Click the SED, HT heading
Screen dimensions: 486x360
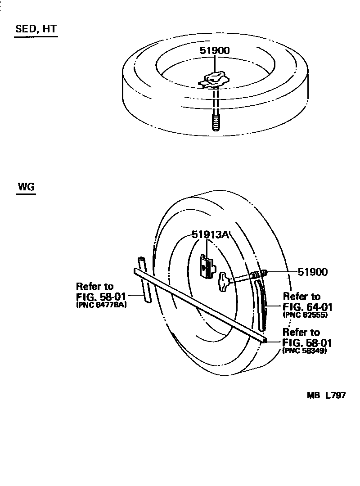point(36,29)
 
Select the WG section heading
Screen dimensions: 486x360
point(26,187)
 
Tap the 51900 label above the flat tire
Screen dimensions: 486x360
point(215,50)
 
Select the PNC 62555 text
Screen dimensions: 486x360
point(305,315)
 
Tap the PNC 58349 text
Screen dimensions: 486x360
point(304,351)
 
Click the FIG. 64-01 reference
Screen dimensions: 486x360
point(307,307)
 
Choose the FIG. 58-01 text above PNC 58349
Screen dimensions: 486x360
point(307,342)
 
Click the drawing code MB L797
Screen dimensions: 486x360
point(326,396)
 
